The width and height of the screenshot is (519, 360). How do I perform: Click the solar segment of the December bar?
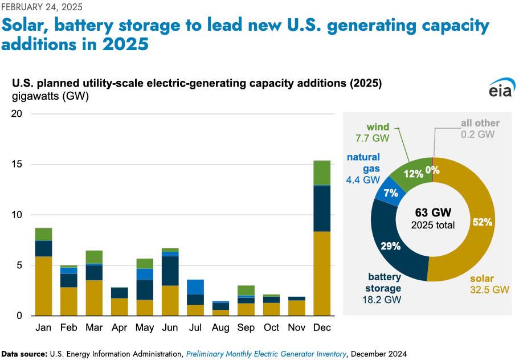pyautogui.click(x=322, y=273)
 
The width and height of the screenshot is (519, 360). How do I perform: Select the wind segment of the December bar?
pyautogui.click(x=322, y=173)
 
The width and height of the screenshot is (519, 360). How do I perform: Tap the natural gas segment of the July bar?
pyautogui.click(x=195, y=287)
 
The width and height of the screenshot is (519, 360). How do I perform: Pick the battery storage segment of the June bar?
pyautogui.click(x=170, y=271)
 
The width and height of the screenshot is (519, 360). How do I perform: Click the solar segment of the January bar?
pyautogui.click(x=43, y=286)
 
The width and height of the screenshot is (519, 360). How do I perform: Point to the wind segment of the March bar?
pyautogui.click(x=94, y=257)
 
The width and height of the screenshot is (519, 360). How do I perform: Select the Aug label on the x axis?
pyautogui.click(x=221, y=328)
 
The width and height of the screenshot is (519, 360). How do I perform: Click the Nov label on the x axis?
pyautogui.click(x=297, y=328)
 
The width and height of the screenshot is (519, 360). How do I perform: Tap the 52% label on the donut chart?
pyautogui.click(x=482, y=222)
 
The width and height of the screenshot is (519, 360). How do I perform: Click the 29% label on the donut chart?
pyautogui.click(x=390, y=246)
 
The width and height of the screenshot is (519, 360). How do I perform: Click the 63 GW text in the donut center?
pyautogui.click(x=433, y=212)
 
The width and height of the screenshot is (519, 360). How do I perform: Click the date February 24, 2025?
pyautogui.click(x=42, y=7)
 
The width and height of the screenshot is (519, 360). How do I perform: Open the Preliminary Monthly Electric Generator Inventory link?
pyautogui.click(x=266, y=354)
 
